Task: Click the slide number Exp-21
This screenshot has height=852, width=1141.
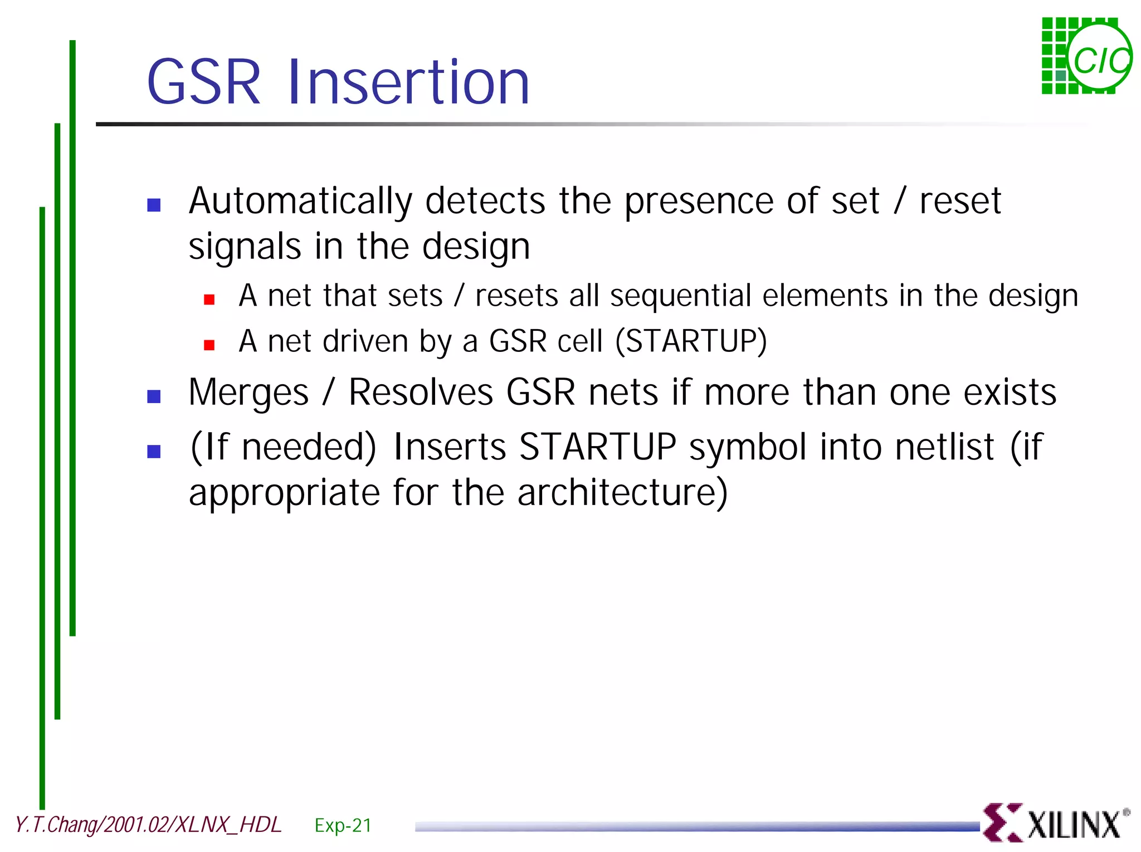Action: (x=343, y=825)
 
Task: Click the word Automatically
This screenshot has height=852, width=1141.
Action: (x=300, y=202)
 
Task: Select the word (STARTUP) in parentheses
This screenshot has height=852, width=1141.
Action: (x=691, y=341)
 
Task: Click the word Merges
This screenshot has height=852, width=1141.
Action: (x=248, y=393)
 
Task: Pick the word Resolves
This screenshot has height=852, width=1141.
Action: (x=421, y=392)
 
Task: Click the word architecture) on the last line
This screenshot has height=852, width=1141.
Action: (x=622, y=493)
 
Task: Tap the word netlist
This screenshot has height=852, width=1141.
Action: (x=944, y=447)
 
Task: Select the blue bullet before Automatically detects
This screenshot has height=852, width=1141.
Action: (x=154, y=205)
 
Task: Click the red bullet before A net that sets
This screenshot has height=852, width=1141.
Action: (x=209, y=300)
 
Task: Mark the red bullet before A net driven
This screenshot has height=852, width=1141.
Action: (x=209, y=345)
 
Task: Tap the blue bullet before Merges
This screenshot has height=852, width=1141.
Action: (x=154, y=396)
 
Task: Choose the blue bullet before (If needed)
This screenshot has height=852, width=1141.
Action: (x=154, y=451)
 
